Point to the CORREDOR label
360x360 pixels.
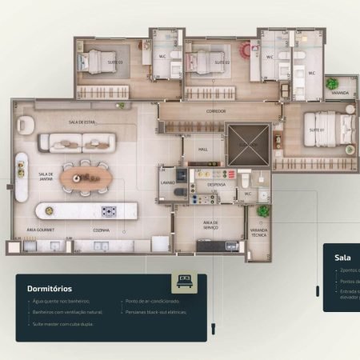click(216, 111)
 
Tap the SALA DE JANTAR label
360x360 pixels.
click(46, 178)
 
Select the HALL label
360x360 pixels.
click(202, 150)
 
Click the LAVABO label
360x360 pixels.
click(167, 183)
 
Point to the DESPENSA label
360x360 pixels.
click(217, 185)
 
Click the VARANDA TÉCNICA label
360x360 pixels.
click(259, 234)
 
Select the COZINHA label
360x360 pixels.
click(102, 230)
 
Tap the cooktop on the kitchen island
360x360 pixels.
click(108, 211)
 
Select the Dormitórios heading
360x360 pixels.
click(50, 287)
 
